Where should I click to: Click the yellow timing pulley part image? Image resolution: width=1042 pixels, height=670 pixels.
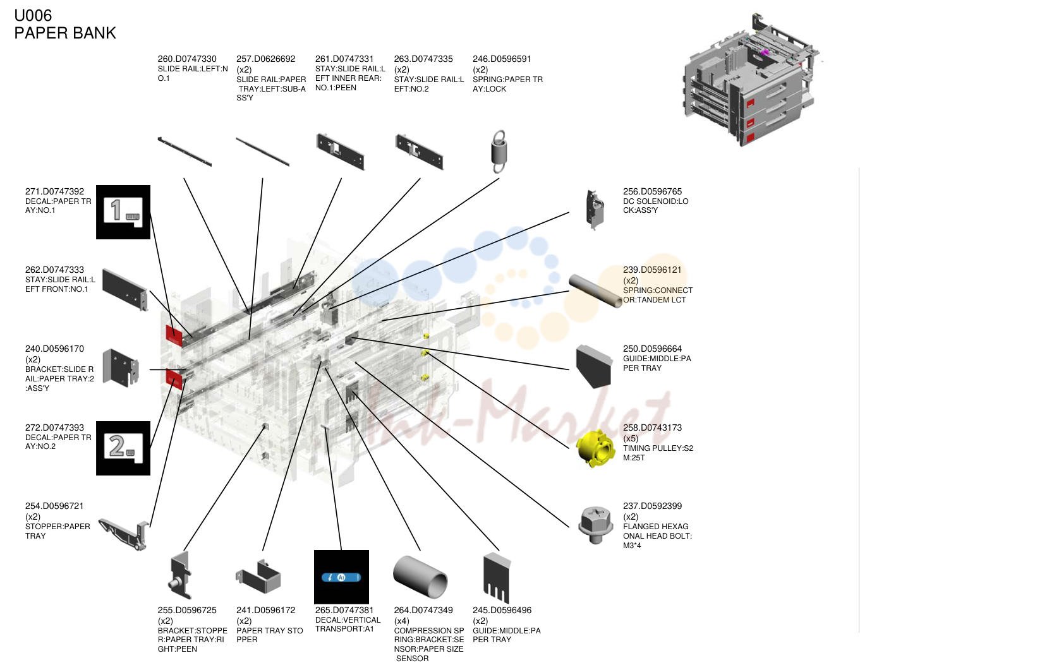click(595, 449)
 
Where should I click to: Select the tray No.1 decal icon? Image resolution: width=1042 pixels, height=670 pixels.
click(123, 212)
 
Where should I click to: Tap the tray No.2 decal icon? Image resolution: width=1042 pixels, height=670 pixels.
click(123, 448)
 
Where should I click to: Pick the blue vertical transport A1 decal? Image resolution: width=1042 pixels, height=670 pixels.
click(341, 577)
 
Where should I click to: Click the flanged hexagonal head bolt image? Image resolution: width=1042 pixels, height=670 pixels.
click(595, 525)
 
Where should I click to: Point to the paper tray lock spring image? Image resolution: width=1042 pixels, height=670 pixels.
click(499, 152)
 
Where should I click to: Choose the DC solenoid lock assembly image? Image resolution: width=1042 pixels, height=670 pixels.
click(595, 210)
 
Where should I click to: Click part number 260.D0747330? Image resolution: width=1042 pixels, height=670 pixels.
click(187, 59)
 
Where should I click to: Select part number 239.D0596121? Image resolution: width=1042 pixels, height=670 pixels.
click(652, 270)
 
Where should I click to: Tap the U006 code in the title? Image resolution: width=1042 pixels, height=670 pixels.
click(33, 16)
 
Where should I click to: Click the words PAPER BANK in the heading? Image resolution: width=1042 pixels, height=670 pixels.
click(65, 33)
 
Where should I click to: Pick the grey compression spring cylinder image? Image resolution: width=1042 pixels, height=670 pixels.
click(420, 577)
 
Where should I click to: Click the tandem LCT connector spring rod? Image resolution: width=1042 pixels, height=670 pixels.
click(595, 290)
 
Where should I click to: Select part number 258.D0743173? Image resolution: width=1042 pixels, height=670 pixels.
click(652, 428)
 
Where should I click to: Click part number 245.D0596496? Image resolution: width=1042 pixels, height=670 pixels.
click(502, 610)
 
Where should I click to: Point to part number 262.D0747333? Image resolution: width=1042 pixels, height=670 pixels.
click(54, 270)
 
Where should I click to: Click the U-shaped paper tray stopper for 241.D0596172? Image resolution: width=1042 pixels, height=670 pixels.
click(258, 577)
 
